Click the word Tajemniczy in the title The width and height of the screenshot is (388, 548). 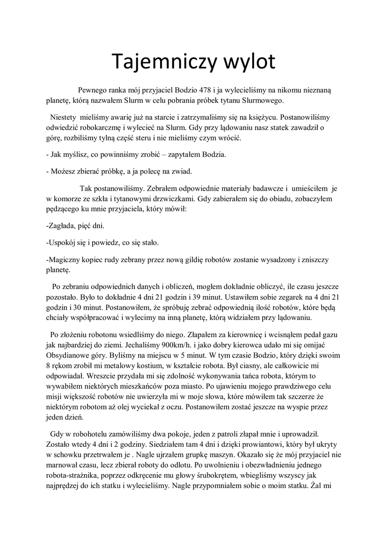coord(159,62)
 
